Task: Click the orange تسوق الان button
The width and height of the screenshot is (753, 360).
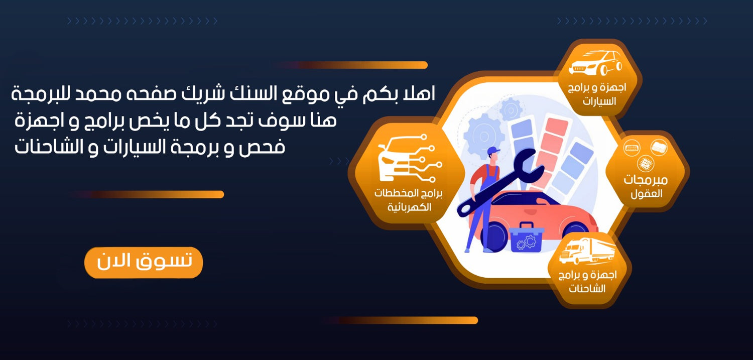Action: click(144, 263)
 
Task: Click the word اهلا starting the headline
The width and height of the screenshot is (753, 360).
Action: click(417, 93)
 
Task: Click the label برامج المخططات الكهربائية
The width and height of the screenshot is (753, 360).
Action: click(409, 200)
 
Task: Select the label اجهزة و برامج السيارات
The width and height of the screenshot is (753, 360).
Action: click(597, 94)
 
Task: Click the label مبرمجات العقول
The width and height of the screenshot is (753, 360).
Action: click(646, 187)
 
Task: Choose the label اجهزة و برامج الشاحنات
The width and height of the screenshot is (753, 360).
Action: click(588, 282)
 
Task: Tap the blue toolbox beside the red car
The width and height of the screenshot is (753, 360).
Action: click(527, 237)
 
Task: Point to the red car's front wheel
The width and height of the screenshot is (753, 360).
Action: click(493, 236)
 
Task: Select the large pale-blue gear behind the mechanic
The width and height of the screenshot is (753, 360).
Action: click(484, 136)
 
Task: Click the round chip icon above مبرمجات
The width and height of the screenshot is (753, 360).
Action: click(646, 164)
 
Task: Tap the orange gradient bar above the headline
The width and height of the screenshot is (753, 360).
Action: click(351, 65)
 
